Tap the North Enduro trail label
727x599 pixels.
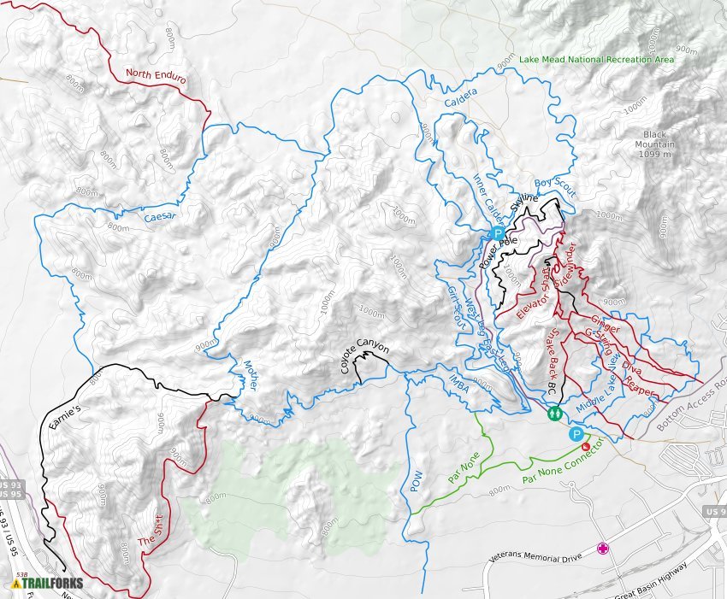(156, 74)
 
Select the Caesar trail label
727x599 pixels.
(160, 217)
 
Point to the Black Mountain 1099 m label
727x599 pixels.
(655, 144)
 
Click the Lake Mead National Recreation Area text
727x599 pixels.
(584, 60)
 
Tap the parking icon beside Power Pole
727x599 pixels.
(497, 233)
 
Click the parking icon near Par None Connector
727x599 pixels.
(576, 434)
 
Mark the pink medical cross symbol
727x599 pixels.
(604, 548)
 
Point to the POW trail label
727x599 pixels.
(417, 483)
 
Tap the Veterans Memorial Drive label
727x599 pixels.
(535, 557)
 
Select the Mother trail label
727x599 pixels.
(251, 375)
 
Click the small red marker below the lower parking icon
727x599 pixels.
(585, 446)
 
